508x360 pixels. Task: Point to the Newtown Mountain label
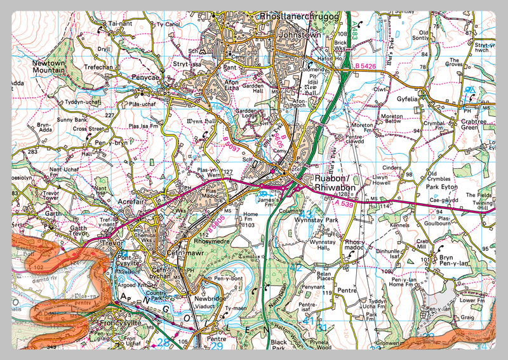click(50, 67)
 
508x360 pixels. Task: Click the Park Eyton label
click(441, 187)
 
